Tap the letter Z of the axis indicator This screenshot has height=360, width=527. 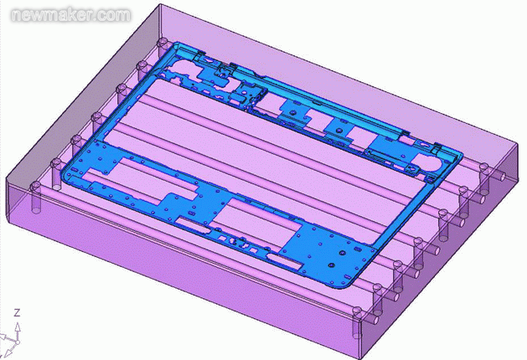tap(18, 311)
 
